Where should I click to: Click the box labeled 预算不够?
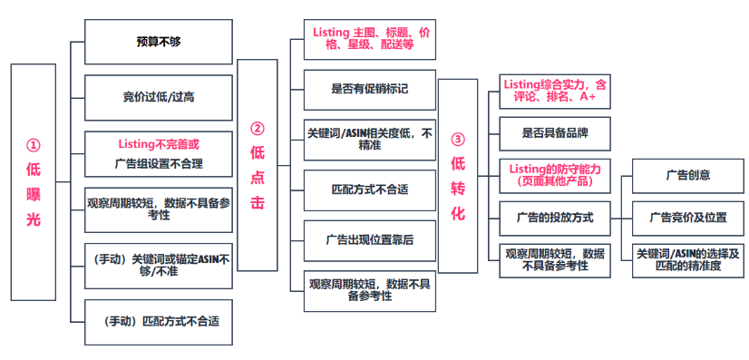pos(158,41)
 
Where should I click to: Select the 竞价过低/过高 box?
pos(158,96)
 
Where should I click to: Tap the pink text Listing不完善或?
pos(158,144)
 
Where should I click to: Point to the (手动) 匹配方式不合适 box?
pos(158,320)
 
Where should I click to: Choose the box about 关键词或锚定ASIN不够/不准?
pos(158,264)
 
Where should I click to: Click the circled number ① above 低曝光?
pos(34,145)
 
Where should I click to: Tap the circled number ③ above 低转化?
pos(458,140)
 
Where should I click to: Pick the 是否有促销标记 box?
pos(369,90)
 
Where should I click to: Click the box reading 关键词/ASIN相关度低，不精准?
pos(369,139)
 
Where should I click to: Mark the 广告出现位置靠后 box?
pos(369,240)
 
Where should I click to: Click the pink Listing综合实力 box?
pos(555,90)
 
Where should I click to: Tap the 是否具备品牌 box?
pos(555,132)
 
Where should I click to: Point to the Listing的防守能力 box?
pos(555,175)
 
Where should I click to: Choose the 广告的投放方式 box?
pos(555,218)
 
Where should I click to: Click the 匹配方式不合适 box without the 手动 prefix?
pos(369,190)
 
